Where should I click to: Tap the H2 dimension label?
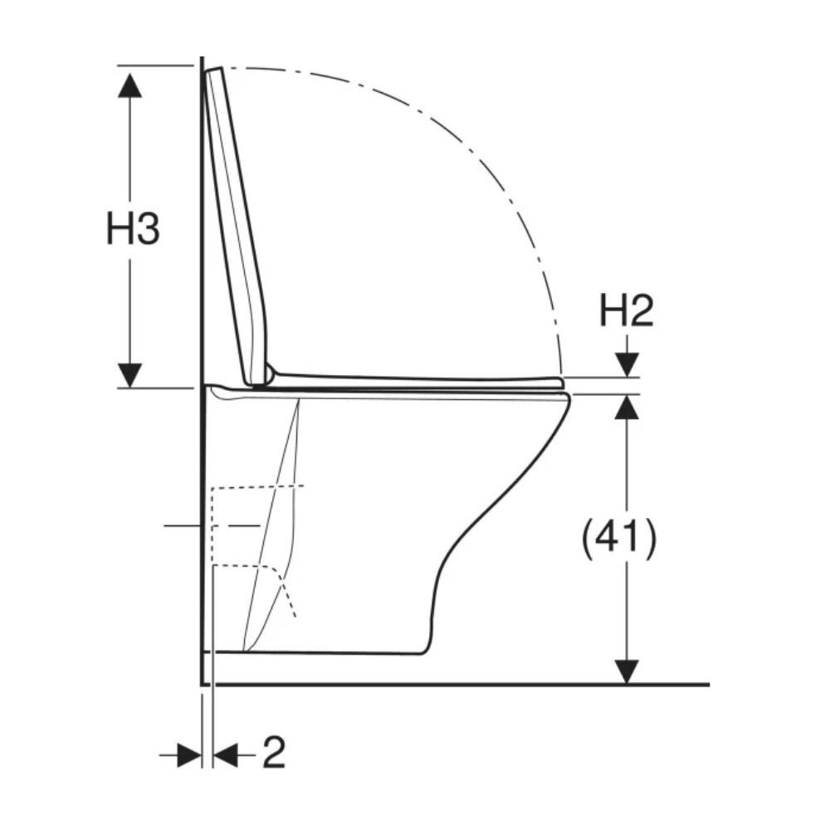coord(626,311)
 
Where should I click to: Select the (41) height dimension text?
coord(619,539)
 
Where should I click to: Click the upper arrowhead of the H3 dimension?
coord(129,85)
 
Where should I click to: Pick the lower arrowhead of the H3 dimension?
coord(129,375)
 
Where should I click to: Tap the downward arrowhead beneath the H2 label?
coord(627,364)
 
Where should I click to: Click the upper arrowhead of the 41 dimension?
coord(627,407)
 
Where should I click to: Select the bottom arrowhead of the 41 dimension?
coord(627,671)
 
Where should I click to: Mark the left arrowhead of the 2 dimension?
coord(189,755)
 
